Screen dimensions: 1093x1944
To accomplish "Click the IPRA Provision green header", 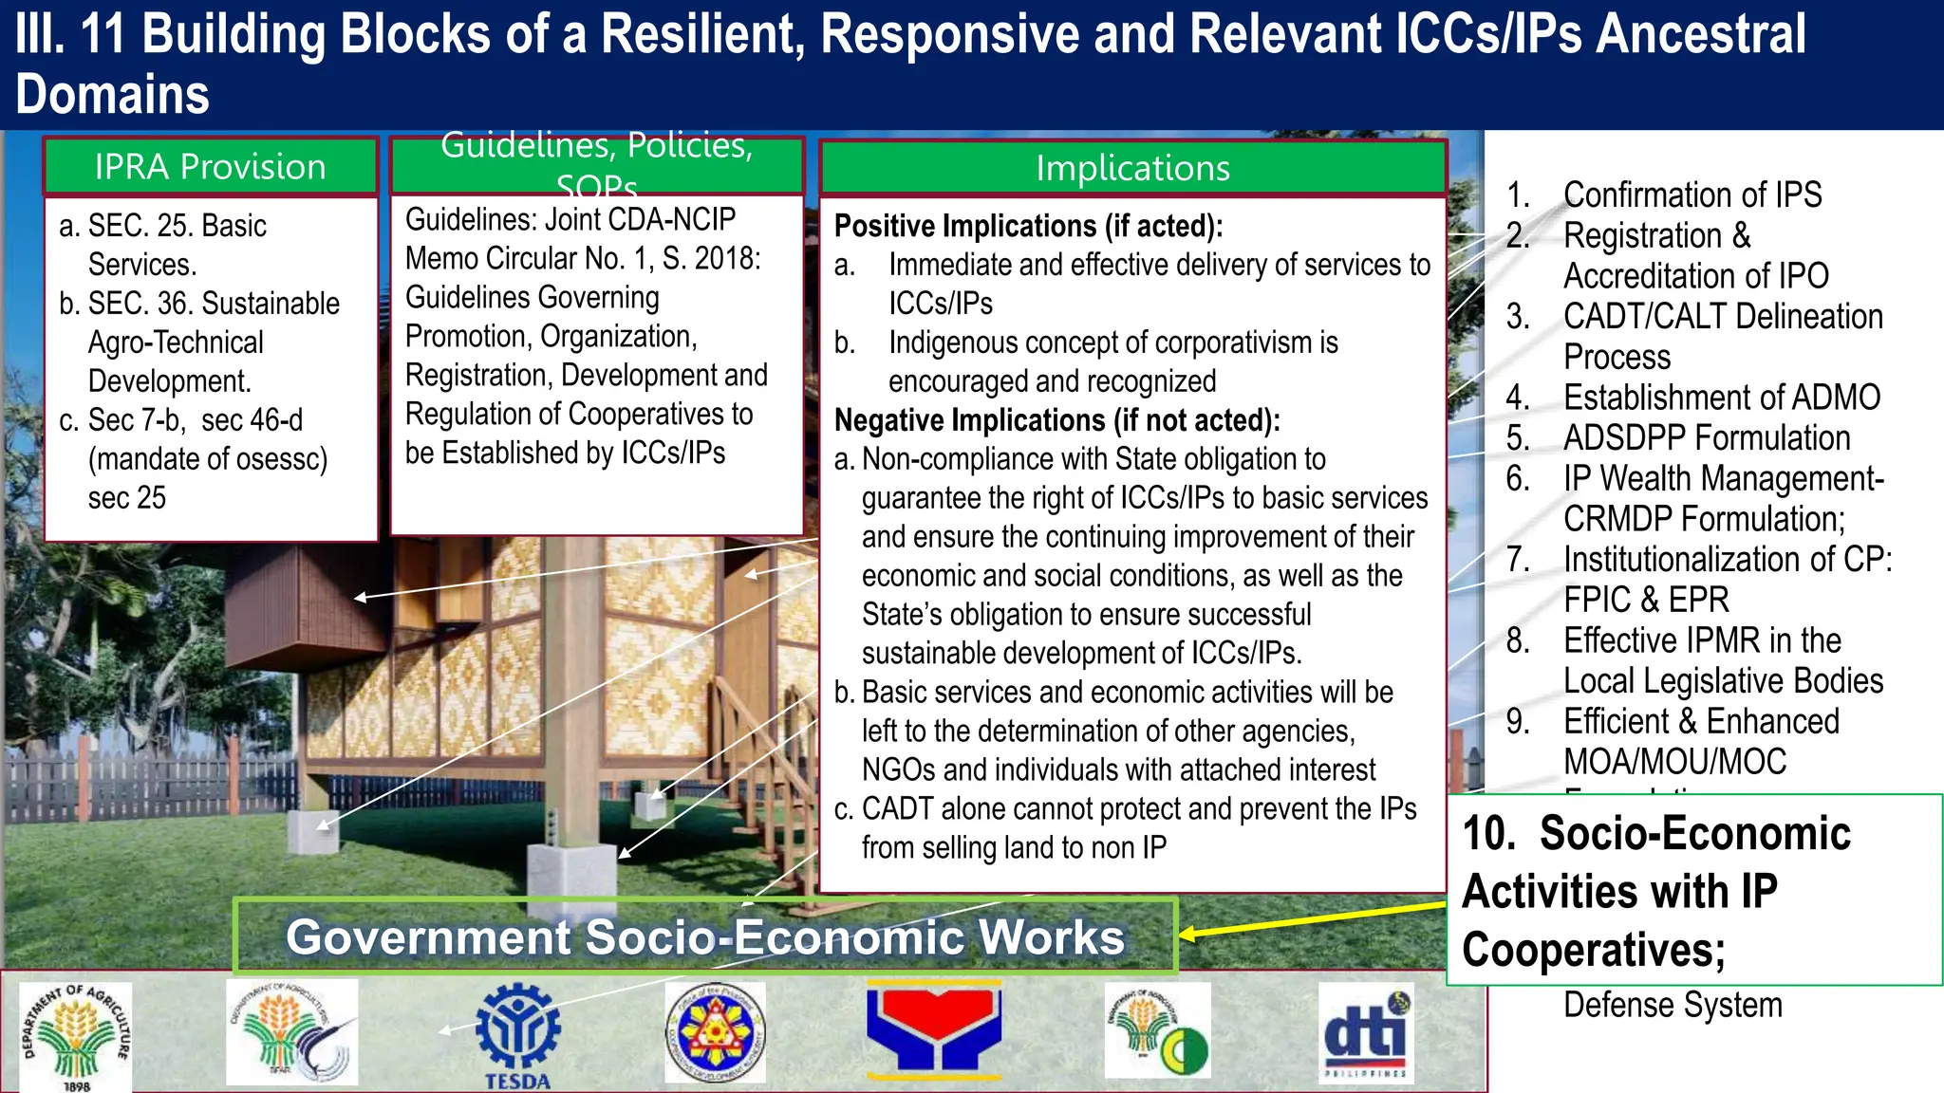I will coord(211,167).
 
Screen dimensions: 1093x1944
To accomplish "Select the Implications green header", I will coord(1132,168).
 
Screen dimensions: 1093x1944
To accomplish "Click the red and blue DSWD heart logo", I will coord(934,1030).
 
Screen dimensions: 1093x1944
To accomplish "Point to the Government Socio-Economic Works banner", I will coord(705,936).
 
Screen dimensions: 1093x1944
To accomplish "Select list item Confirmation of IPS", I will coord(1692,195).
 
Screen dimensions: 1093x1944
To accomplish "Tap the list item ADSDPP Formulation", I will coord(1706,437).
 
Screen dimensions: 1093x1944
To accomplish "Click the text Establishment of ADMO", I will coord(1721,397).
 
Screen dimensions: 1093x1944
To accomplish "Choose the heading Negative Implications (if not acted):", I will coord(1056,419).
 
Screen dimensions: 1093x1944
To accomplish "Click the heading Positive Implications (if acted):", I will coord(1028,226).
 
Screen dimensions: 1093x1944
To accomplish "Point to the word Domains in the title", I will coord(112,95).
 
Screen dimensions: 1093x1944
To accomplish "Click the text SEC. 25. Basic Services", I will coord(177,226).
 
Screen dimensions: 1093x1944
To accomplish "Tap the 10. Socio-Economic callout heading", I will coord(1655,833).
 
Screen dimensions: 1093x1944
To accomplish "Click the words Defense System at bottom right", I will coord(1673,1004).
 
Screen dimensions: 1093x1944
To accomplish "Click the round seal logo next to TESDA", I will coord(715,1032).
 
